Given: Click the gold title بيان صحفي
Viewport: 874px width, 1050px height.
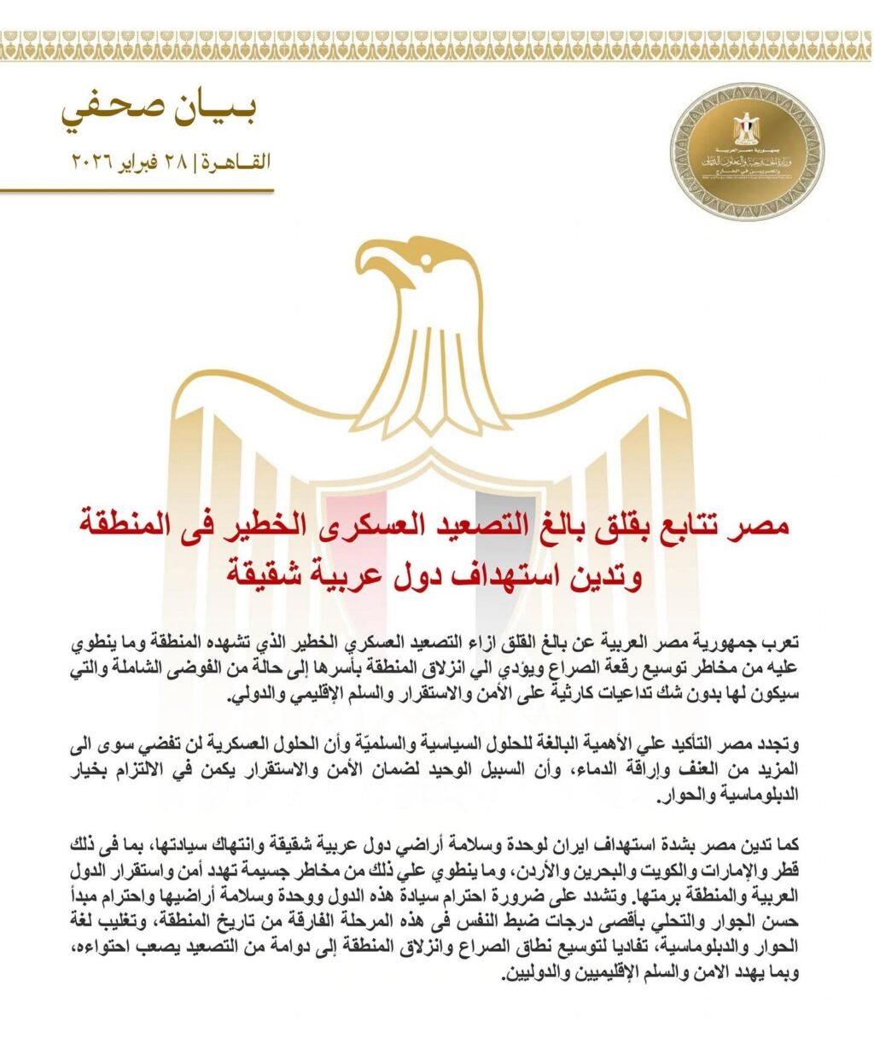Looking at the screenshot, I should click(x=160, y=112).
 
